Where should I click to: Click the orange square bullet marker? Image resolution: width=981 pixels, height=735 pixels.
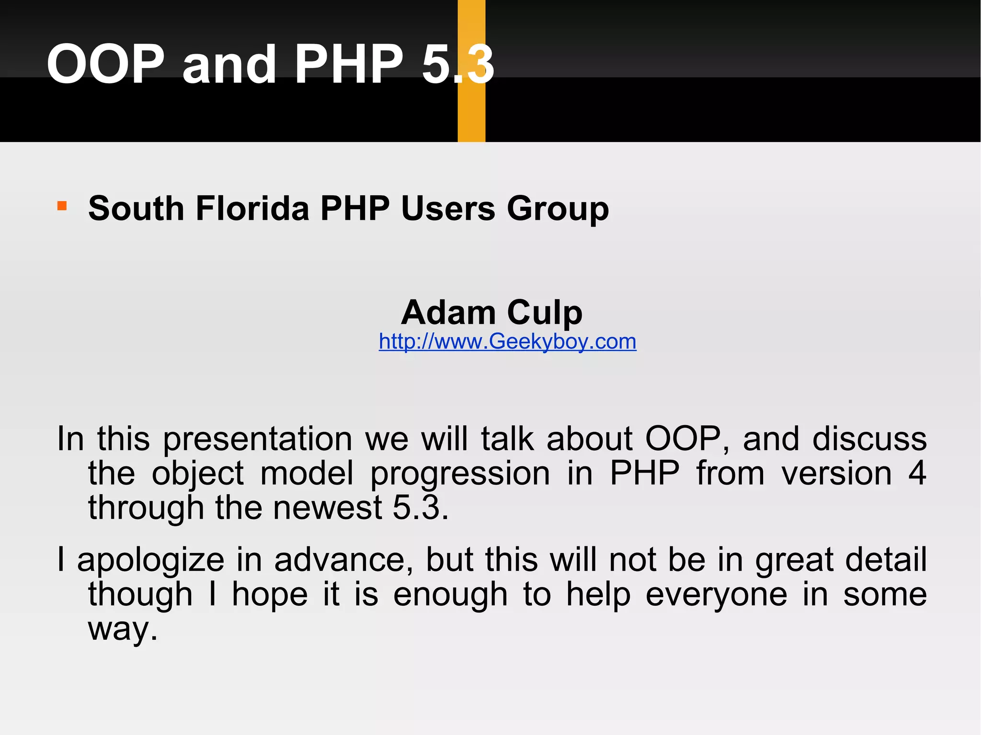pyautogui.click(x=62, y=206)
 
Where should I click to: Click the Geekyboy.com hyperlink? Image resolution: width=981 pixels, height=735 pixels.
pyautogui.click(x=507, y=341)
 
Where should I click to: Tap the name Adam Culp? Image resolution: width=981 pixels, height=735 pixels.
pyautogui.click(x=491, y=312)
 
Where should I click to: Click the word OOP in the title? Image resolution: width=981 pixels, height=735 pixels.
pyautogui.click(x=105, y=64)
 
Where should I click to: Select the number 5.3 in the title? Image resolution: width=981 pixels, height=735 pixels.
pyautogui.click(x=457, y=64)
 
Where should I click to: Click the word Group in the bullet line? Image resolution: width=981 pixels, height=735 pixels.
pyautogui.click(x=558, y=209)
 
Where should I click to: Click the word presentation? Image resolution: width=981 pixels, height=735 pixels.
pyautogui.click(x=258, y=440)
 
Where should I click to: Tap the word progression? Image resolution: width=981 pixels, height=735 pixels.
pyautogui.click(x=460, y=474)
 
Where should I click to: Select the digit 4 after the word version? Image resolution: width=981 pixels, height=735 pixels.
pyautogui.click(x=917, y=473)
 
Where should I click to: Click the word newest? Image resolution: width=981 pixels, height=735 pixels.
pyautogui.click(x=327, y=508)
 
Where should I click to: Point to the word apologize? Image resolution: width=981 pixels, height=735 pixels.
pyautogui.click(x=150, y=560)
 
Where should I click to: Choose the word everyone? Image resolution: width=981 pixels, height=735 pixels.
pyautogui.click(x=716, y=595)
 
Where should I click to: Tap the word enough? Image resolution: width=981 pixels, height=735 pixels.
pyautogui.click(x=450, y=595)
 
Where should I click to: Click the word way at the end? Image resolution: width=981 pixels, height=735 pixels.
pyautogui.click(x=122, y=630)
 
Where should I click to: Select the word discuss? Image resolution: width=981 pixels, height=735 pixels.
pyautogui.click(x=869, y=439)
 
